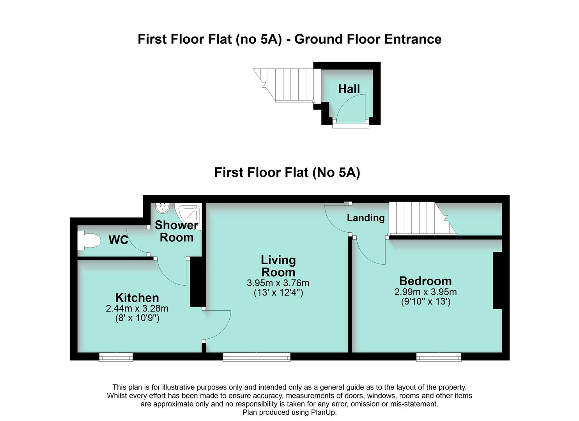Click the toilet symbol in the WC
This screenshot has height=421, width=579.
pos(88,241)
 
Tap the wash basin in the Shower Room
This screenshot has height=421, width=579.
pos(162,208)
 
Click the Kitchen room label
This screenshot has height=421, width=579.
pos(137,297)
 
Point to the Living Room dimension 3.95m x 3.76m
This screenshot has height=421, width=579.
pos(278,283)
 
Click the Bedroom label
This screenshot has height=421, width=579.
pos(425,281)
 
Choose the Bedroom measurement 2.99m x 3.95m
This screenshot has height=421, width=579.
pos(425,292)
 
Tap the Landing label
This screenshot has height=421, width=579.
pos(366,218)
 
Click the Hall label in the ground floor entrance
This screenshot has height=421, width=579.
pos(349,89)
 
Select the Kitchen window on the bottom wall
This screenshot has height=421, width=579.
pos(116,357)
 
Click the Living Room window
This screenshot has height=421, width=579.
pos(257,357)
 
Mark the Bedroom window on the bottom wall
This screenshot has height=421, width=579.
pos(439,357)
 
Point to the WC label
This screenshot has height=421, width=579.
pos(119,240)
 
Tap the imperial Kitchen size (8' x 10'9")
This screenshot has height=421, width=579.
pos(137,318)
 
